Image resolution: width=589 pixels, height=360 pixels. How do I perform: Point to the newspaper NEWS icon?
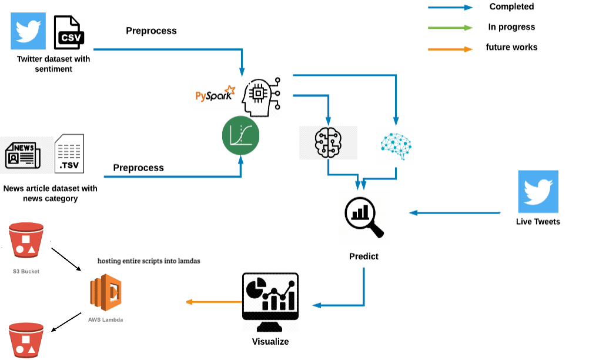click(x=22, y=154)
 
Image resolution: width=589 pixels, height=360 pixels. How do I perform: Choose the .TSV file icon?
click(x=69, y=154)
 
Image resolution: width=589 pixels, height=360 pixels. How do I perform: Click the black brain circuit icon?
click(x=328, y=142)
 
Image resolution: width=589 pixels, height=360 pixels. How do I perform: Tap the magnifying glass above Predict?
click(x=364, y=216)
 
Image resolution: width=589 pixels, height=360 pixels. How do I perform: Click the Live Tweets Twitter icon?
click(x=538, y=192)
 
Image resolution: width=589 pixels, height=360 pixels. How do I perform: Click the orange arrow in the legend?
click(x=450, y=49)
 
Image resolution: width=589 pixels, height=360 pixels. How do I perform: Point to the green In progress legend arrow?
click(x=450, y=28)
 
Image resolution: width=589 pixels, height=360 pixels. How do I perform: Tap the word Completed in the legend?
click(x=511, y=7)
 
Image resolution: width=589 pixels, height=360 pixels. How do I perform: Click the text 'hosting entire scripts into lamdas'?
click(x=149, y=260)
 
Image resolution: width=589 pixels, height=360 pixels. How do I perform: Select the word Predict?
click(x=364, y=256)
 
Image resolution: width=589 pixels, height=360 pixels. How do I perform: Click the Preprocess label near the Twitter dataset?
click(x=151, y=31)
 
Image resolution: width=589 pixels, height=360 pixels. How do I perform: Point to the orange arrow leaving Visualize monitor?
click(x=213, y=302)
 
